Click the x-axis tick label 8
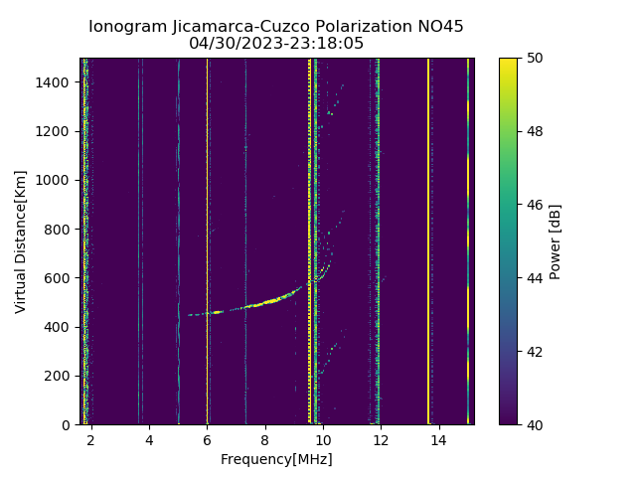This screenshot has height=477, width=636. (265, 439)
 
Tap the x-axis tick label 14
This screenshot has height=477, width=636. (438, 439)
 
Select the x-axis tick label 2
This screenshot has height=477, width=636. (90, 439)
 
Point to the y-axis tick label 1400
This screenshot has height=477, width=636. (57, 82)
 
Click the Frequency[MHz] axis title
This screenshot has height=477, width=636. (276, 459)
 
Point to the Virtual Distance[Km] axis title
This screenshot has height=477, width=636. (21, 241)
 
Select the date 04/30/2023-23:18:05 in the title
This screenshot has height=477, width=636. (276, 44)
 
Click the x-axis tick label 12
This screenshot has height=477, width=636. (381, 439)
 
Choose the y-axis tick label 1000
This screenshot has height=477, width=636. (57, 180)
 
